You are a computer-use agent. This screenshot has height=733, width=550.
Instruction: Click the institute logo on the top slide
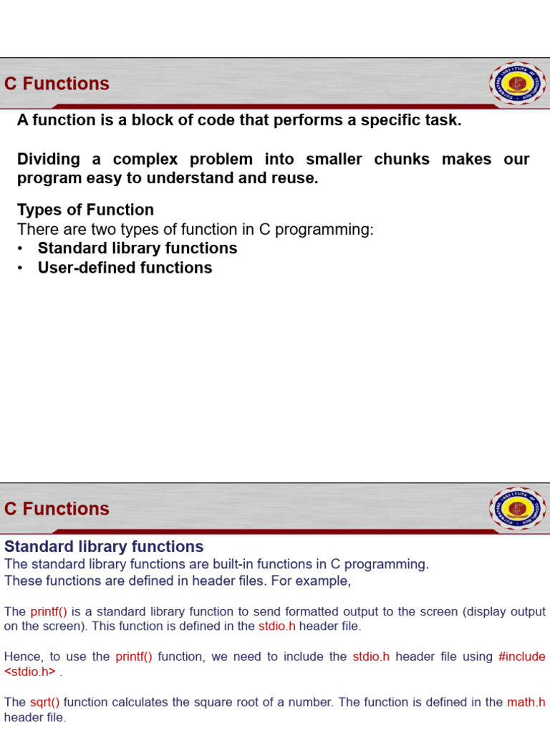[x=517, y=83]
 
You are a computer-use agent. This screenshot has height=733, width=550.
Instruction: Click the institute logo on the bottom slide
[x=517, y=509]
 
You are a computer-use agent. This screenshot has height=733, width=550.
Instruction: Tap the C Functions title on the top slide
[x=57, y=84]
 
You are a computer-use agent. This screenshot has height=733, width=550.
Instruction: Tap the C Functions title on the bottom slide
[x=57, y=509]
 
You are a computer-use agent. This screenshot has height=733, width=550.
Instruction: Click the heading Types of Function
[x=86, y=210]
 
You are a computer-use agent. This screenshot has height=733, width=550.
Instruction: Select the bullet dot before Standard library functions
[x=20, y=249]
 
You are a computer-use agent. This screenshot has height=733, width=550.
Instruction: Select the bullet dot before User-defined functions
[x=20, y=268]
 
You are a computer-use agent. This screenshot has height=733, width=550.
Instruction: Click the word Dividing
[x=49, y=160]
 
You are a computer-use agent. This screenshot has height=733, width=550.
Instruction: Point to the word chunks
[x=402, y=159]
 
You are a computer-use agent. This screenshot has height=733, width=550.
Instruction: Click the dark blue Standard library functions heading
[x=104, y=546]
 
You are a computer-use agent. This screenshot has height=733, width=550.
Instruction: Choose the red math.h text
[x=526, y=702]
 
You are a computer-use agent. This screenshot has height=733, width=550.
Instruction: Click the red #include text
[x=522, y=656]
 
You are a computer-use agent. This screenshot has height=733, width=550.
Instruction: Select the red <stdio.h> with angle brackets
[x=30, y=671]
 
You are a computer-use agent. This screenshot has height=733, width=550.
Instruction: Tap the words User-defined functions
[x=125, y=268]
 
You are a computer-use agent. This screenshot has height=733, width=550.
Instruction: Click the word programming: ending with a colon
[x=324, y=230]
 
